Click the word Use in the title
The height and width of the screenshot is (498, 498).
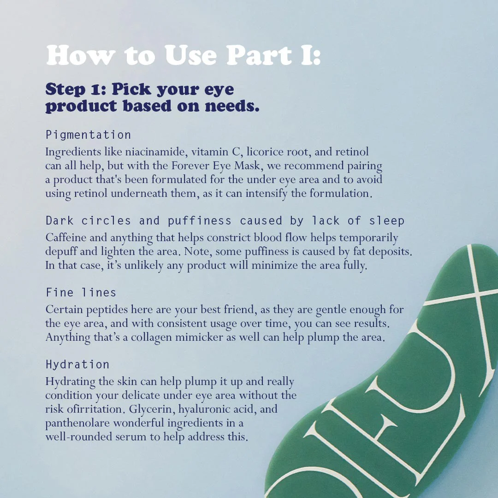coord(190,55)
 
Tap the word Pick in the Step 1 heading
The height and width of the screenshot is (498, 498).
coord(131,89)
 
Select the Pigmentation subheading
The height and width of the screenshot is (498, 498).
coord(88,135)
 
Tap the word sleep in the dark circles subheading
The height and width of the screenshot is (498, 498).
coord(386,221)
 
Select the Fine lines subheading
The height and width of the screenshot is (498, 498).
coord(81,292)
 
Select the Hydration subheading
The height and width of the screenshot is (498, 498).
coord(77,364)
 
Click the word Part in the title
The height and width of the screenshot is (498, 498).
coord(259,55)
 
